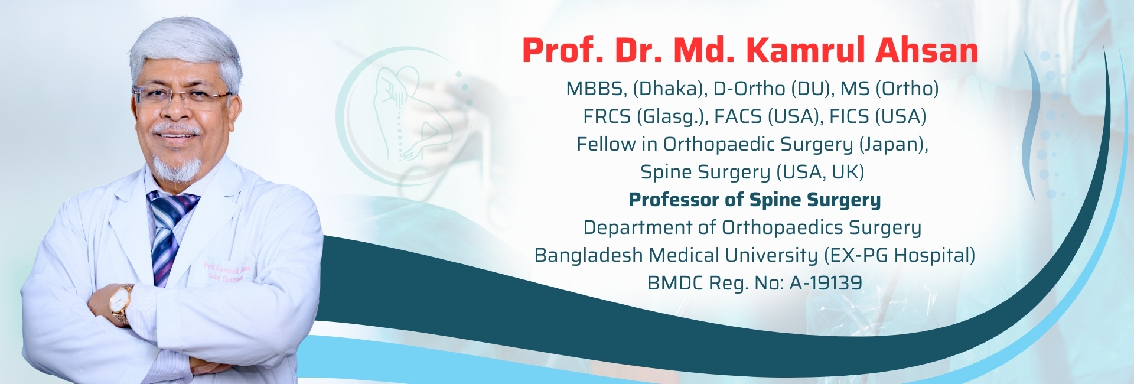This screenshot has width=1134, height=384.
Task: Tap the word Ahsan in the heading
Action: tap(927, 50)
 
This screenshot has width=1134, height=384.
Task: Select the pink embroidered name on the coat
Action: tap(227, 272)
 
